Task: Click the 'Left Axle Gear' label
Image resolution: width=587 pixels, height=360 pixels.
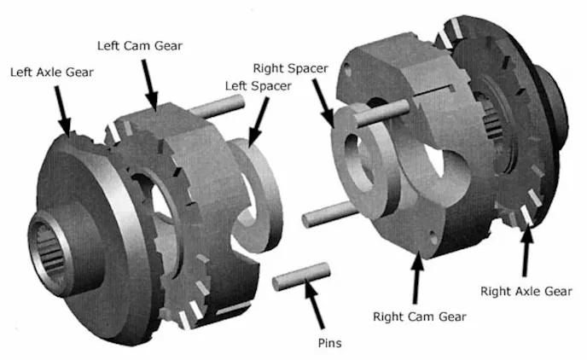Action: [52, 73]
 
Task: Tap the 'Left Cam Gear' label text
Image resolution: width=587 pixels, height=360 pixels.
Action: [140, 46]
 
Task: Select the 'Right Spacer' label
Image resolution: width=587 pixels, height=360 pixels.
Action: [290, 68]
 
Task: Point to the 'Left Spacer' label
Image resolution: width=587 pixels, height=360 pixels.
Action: [258, 86]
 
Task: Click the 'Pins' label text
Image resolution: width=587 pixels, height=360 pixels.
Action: [329, 343]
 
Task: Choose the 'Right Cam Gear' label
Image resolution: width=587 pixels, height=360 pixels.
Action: [420, 317]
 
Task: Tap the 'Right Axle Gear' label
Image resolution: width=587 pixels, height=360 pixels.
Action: [526, 291]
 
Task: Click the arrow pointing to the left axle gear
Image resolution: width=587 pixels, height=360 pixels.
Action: [63, 111]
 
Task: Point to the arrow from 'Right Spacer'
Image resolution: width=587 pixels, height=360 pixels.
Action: [323, 104]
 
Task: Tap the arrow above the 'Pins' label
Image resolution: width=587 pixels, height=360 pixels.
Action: [315, 304]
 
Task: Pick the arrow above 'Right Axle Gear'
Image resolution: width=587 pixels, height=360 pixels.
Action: [526, 251]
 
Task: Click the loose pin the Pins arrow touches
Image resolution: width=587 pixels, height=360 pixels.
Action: [301, 276]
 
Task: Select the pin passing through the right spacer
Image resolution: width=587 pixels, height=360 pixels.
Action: [382, 113]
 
